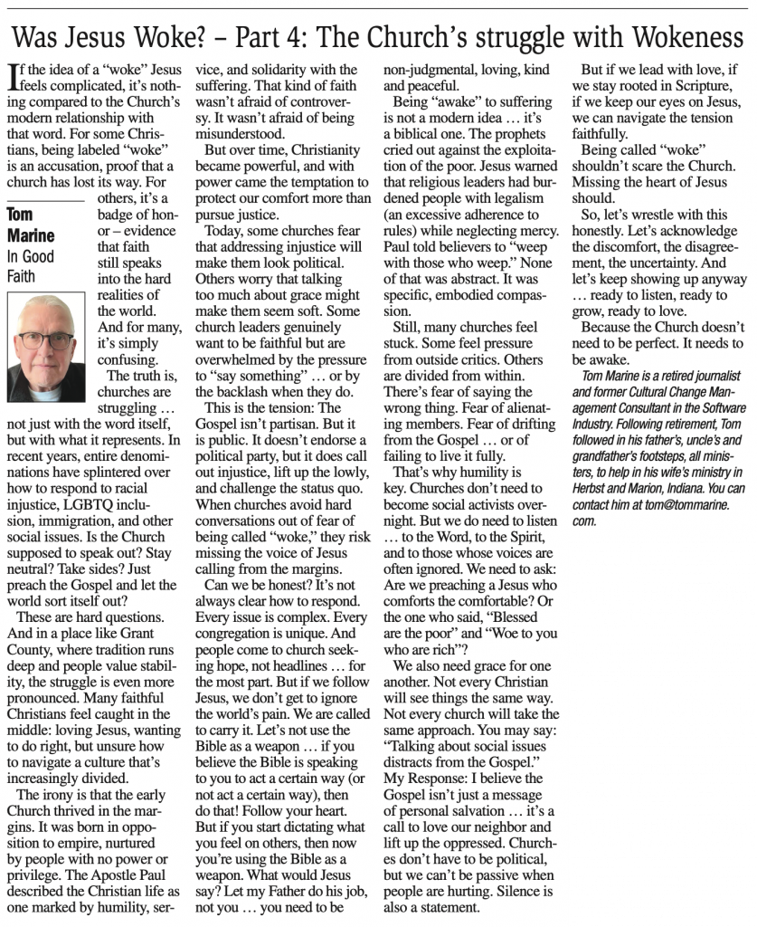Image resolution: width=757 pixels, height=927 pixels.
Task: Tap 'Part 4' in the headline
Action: point(271,37)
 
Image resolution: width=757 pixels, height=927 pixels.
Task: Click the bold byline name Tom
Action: point(20,215)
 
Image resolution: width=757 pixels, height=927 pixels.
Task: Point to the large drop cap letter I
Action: point(11,77)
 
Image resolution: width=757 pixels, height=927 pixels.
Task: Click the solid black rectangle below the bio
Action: point(662,724)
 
